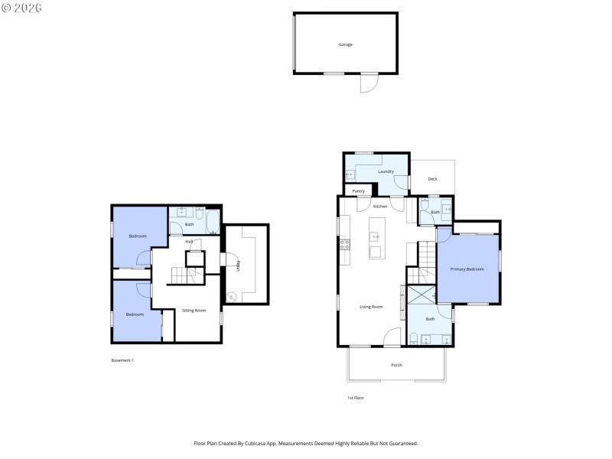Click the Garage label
tap(346, 44)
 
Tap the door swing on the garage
tap(369, 83)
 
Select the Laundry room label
tap(386, 171)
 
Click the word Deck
tap(432, 179)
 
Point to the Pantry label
tap(358, 190)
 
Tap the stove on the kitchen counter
tap(344, 245)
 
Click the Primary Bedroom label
tap(467, 269)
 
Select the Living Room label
tap(371, 307)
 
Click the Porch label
tap(396, 365)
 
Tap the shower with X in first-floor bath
tap(421, 295)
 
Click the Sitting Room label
tap(194, 311)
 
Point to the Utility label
tap(238, 265)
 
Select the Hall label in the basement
tap(188, 241)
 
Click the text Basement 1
tap(122, 360)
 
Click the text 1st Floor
tap(356, 398)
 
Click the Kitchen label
tap(380, 207)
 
